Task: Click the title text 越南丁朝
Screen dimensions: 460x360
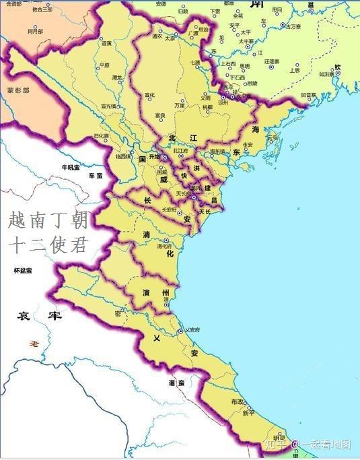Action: tap(47, 221)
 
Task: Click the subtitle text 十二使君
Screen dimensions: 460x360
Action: tap(47, 244)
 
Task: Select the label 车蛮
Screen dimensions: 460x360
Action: tap(95, 176)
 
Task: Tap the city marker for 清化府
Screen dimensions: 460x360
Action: tap(166, 240)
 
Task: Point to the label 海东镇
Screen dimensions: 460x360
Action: tap(217, 152)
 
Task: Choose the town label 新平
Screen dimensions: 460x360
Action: tap(248, 414)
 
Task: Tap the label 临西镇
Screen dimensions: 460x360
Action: tap(124, 156)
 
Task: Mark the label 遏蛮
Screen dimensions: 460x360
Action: tap(176, 382)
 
